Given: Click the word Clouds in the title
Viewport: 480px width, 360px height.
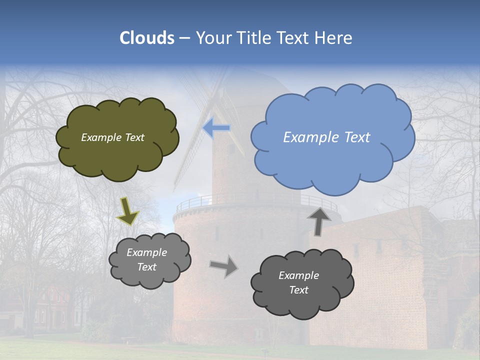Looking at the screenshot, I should click(146, 38).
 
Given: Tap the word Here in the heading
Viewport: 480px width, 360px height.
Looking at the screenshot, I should click(333, 38).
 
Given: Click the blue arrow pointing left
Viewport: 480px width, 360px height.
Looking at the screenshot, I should click(217, 128).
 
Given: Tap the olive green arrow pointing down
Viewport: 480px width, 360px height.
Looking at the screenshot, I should click(127, 211).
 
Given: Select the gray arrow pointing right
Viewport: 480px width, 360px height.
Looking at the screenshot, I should click(223, 266).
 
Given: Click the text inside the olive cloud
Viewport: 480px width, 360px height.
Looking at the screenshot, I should click(112, 137).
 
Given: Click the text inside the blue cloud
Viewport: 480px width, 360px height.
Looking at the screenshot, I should click(326, 137).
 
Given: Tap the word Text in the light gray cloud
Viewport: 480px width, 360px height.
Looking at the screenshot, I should click(146, 267).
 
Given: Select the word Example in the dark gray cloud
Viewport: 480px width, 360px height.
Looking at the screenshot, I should click(298, 275).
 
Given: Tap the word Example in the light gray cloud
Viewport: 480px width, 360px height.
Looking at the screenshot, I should click(146, 252).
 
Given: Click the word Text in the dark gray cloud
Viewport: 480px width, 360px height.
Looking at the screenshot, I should click(298, 290).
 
